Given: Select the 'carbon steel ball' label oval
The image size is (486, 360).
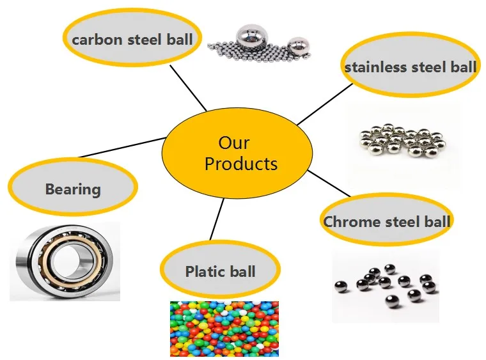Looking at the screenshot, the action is tap(132, 40).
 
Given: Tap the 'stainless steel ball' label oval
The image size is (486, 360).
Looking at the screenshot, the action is tap(410, 67).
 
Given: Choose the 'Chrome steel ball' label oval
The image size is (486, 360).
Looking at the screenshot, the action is tap(386, 222).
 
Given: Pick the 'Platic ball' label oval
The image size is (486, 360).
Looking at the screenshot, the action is tap(220, 271).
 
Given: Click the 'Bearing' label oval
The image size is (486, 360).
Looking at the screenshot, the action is tap(73, 189).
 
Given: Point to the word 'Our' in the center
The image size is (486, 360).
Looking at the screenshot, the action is tap(233, 142).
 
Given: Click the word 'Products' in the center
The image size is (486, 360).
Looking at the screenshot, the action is tap(240, 164).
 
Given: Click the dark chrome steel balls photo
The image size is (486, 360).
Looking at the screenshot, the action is tap(386, 285).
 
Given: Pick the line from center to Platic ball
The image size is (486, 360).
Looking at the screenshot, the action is tap(218, 221).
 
